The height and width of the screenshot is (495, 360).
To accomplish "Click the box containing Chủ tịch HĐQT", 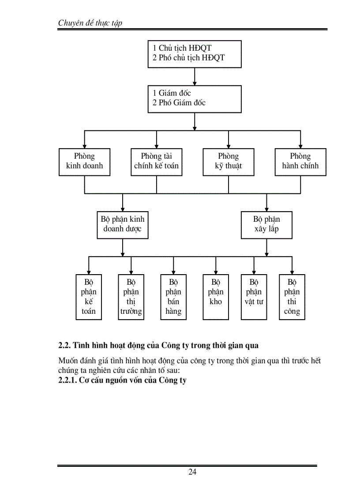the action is tap(195, 53).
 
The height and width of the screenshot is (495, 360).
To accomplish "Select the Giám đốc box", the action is tap(195, 99).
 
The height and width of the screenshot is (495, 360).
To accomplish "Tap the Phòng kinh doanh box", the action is tap(84, 162).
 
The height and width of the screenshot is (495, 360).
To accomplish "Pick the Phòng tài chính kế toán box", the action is tap(156, 162).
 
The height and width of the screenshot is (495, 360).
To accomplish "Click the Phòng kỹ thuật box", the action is tap(228, 162).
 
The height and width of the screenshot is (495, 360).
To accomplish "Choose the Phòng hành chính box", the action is tap(300, 162).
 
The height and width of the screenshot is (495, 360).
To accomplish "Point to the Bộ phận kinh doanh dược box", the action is tap(123, 224).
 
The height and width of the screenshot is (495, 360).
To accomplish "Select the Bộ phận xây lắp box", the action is tap(266, 224).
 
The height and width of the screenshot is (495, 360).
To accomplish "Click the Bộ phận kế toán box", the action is tap(89, 297).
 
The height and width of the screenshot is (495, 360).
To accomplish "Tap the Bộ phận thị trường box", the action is tap(131, 297).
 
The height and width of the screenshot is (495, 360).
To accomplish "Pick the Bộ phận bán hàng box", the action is tap(173, 297).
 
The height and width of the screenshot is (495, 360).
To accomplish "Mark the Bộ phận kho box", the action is tap(216, 297).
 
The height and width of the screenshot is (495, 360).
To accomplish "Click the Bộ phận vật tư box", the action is tap(254, 297).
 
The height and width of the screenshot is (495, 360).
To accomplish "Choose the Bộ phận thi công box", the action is tap(292, 297).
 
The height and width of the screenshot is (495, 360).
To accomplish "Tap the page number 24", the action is tap(192, 472).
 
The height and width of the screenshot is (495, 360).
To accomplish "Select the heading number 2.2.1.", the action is tap(67, 380).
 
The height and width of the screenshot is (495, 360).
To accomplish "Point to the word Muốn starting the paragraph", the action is tap(68, 361).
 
